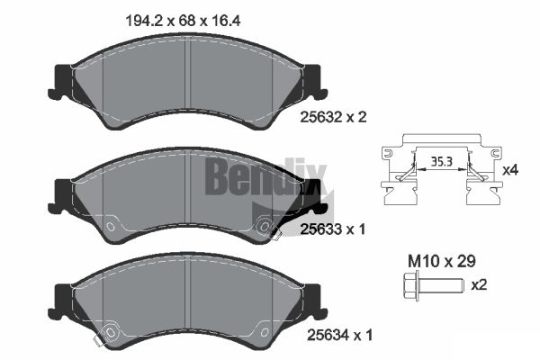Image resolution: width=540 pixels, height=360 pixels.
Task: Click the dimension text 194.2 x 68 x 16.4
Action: point(183,21)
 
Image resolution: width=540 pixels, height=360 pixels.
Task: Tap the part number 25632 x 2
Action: point(333,117)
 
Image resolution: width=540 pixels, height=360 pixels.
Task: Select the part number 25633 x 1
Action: point(332,229)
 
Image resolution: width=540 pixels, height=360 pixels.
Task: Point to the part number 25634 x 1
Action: point(339,335)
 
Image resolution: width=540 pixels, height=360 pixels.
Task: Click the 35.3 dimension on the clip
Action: point(442,161)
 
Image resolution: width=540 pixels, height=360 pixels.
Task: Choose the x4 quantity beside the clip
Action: point(510,170)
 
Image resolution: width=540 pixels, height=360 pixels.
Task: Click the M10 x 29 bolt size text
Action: point(442,261)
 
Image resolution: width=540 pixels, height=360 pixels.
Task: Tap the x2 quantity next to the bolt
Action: point(479,285)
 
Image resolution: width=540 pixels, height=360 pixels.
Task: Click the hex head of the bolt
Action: point(410,285)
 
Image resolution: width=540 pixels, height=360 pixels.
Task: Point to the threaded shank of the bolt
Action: point(442,285)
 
